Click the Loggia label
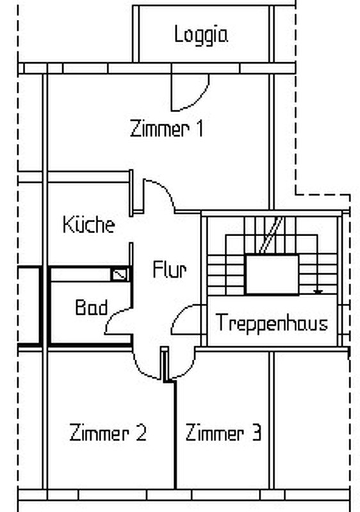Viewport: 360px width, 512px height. (x=201, y=35)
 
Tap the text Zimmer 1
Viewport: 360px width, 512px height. (x=167, y=129)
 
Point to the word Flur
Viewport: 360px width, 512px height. (x=170, y=269)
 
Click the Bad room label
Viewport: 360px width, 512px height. (x=91, y=307)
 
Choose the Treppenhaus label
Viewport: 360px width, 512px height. (x=272, y=323)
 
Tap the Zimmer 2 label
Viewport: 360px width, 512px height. (x=108, y=433)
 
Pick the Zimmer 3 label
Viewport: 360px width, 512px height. (x=224, y=433)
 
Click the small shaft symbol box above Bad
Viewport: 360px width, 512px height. (x=120, y=275)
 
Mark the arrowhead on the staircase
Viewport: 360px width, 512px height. (x=318, y=292)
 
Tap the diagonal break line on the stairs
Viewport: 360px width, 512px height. (x=271, y=235)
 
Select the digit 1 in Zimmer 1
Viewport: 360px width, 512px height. (x=200, y=129)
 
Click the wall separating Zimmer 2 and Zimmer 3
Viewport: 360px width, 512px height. (x=175, y=435)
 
